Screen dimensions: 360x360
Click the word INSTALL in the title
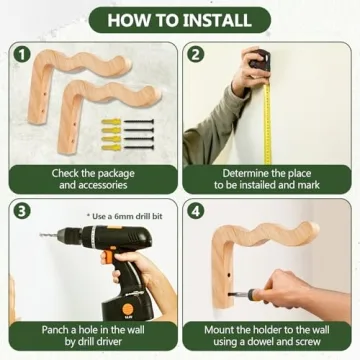pyautogui.click(x=217, y=20)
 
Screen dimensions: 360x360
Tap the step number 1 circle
pyautogui.click(x=22, y=55)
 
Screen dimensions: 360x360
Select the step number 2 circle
pyautogui.click(x=195, y=55)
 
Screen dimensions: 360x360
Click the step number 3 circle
pyautogui.click(x=22, y=211)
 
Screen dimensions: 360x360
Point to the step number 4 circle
pyautogui.click(x=195, y=211)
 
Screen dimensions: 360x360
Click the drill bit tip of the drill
pyautogui.click(x=41, y=235)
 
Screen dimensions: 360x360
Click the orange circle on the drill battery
pyautogui.click(x=128, y=309)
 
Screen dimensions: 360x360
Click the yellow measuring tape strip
pyautogui.click(x=268, y=124)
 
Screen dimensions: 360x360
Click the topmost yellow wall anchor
pyautogui.click(x=111, y=122)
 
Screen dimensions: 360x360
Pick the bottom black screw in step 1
pyautogui.click(x=139, y=147)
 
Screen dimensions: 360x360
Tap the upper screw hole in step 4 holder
pyautogui.click(x=228, y=275)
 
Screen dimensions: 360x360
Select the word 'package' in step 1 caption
pyautogui.click(x=115, y=174)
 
